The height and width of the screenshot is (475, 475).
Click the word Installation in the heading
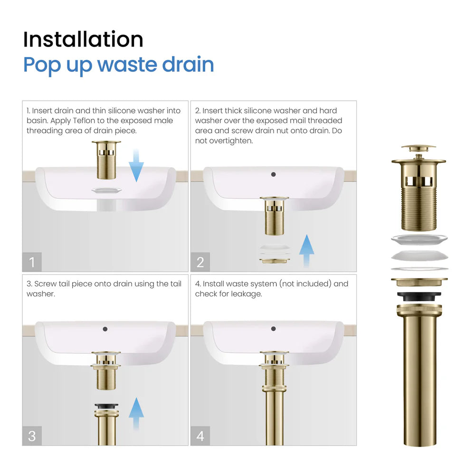click(x=83, y=39)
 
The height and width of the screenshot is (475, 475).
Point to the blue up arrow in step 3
click(x=136, y=414)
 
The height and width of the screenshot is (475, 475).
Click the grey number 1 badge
click(x=32, y=262)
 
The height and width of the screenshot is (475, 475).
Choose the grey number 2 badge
click(x=200, y=262)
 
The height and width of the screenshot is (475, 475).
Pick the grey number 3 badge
click(x=32, y=436)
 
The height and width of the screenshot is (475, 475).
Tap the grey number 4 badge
click(x=200, y=436)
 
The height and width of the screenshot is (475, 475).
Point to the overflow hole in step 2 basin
click(x=273, y=174)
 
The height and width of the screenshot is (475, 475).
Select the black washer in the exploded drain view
click(x=419, y=296)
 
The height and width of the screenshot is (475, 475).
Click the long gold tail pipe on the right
click(x=419, y=380)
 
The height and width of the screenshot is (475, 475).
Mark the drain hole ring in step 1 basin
click(x=107, y=190)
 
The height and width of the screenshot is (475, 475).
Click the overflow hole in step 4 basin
click(x=273, y=328)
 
